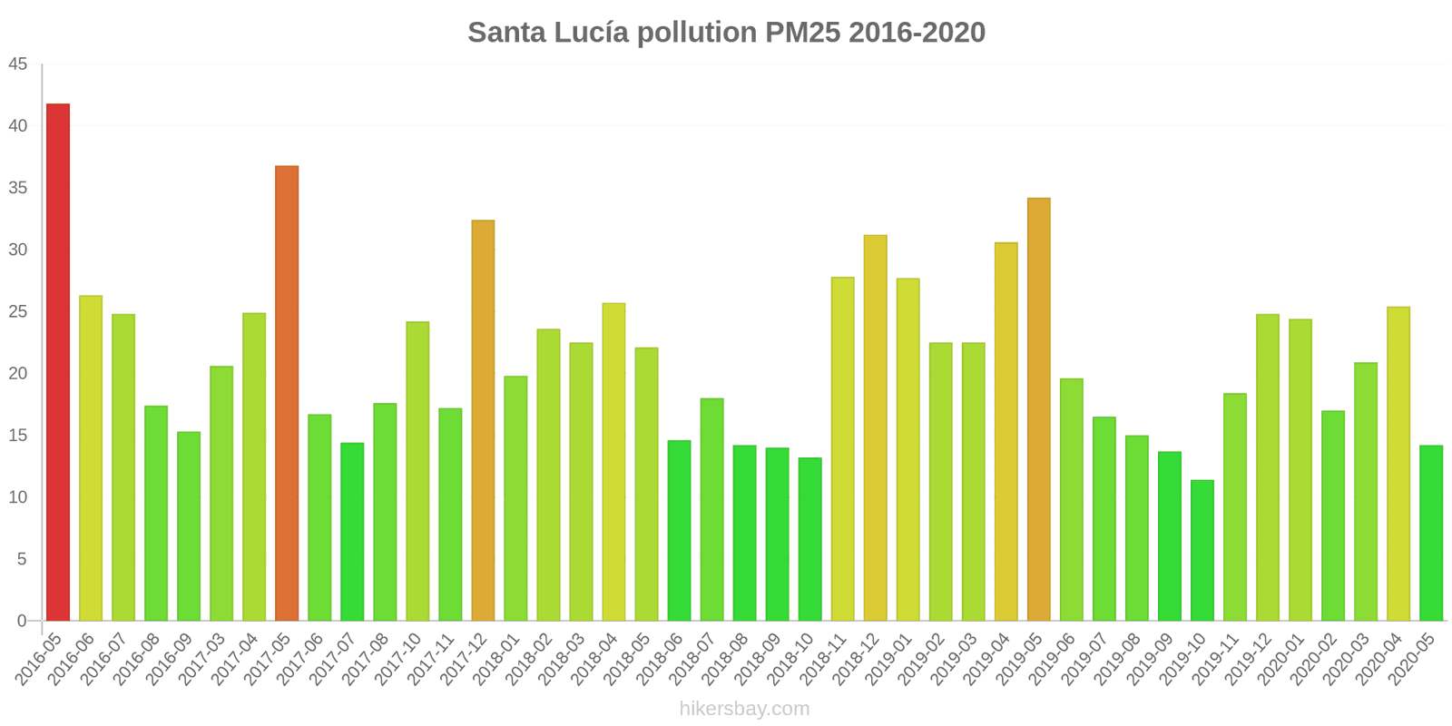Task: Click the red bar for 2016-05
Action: pos(58,363)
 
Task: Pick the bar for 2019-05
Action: pos(1038,409)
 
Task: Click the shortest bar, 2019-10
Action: pos(1202,551)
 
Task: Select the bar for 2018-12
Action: pos(875,427)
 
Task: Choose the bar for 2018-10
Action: pos(809,539)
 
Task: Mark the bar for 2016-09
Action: pos(189,526)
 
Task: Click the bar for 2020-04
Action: pos(1398,464)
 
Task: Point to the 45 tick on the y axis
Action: pos(18,64)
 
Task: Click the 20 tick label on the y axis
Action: pos(18,374)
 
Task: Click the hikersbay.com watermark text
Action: pos(744,709)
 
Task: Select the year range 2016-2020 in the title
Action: pos(917,33)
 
